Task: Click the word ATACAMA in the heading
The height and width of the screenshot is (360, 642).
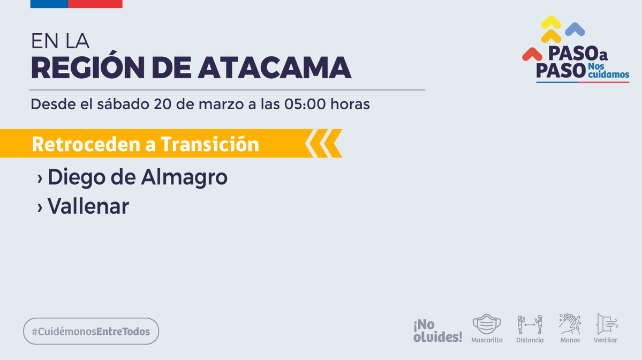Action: [275, 67]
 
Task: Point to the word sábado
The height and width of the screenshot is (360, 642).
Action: [123, 104]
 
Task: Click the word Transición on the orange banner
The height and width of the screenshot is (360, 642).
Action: [210, 144]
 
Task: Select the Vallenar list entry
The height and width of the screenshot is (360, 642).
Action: [83, 206]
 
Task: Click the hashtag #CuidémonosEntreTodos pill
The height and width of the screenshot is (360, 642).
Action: [91, 331]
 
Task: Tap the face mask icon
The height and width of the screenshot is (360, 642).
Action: [486, 324]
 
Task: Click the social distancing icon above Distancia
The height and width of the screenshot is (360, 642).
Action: [530, 325]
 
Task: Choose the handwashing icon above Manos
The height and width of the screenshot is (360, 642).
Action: [570, 324]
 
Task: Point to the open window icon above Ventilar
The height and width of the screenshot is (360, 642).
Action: [606, 324]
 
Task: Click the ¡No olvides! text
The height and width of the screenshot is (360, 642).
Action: [437, 331]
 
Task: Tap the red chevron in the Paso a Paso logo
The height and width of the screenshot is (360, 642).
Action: [532, 54]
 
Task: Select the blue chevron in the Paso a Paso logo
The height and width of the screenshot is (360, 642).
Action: [575, 29]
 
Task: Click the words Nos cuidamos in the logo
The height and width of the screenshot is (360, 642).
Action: [608, 70]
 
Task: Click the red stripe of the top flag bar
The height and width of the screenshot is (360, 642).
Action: [95, 4]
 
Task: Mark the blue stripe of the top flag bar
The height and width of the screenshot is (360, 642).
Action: [49, 4]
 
